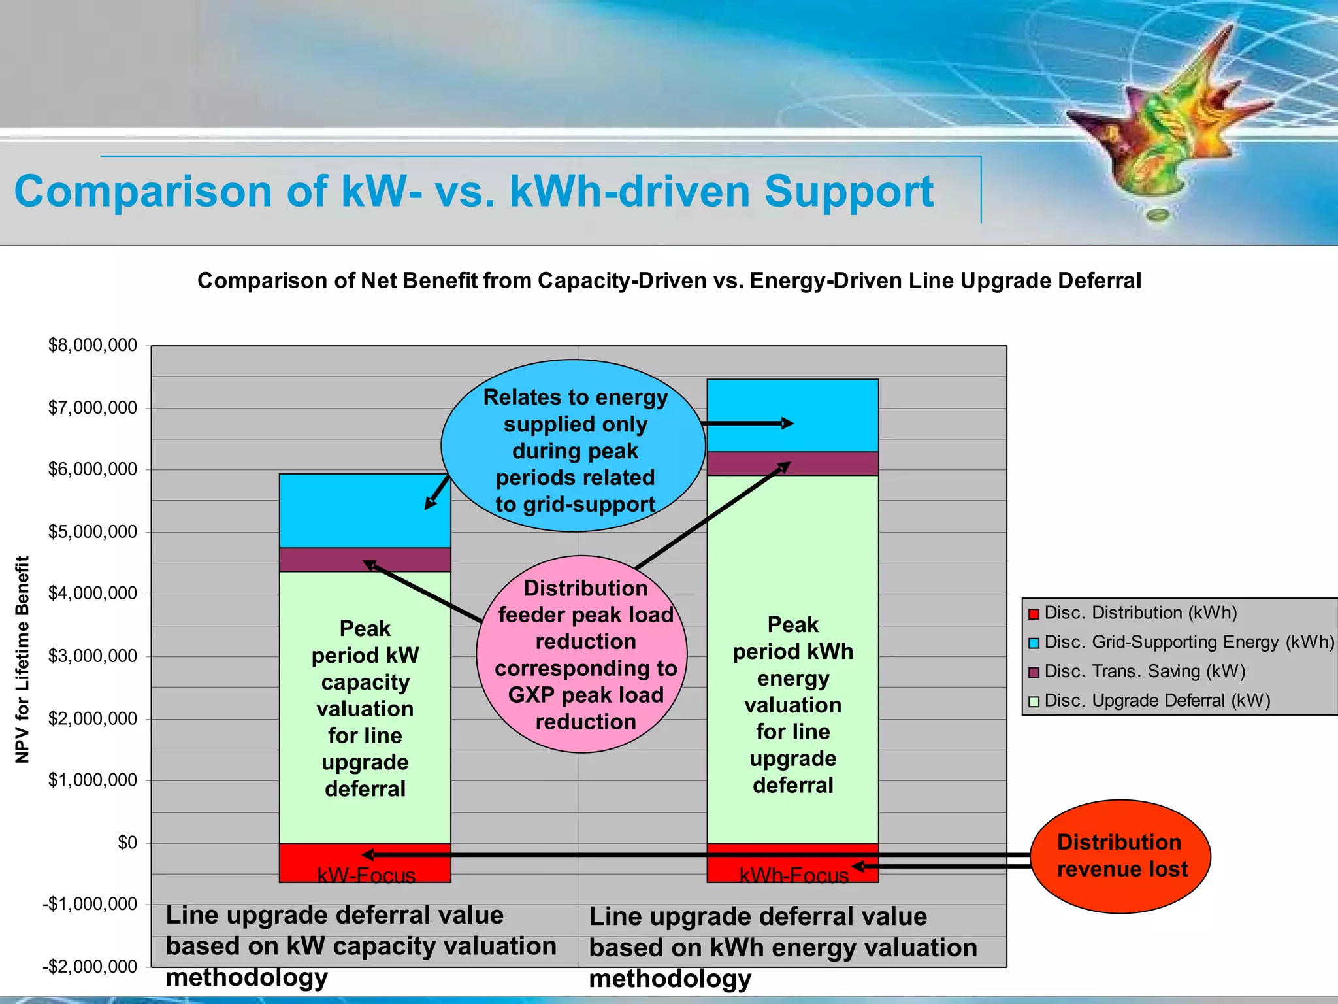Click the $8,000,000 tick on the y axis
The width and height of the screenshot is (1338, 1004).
coord(93,345)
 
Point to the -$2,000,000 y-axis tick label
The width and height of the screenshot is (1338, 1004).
coord(90,966)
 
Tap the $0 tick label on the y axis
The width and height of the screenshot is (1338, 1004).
coord(127,843)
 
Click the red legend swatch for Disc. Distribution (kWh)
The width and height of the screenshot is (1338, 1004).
coord(1034,614)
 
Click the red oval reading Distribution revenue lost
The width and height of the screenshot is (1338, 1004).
coord(1120,856)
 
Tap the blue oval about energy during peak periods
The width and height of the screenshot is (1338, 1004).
coord(574,446)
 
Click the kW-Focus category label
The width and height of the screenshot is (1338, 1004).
coord(366,876)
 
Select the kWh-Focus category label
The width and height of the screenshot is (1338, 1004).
coord(793,876)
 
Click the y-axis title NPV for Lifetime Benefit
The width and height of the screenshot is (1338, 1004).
coord(23,659)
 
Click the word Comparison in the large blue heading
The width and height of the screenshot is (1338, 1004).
coord(143,192)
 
